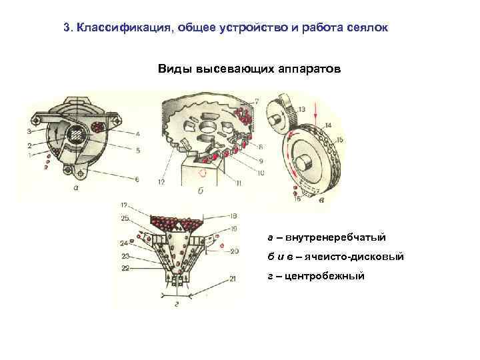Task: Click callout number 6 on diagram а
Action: click(137, 179)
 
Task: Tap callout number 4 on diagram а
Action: click(137, 133)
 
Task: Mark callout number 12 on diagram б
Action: click(162, 181)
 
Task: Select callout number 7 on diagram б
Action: click(257, 101)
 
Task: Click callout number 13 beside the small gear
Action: click(302, 109)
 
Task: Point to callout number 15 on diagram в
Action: click(339, 140)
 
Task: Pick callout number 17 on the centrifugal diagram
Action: click(125, 204)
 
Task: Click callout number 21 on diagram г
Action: click(232, 277)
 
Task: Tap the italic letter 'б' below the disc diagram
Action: click(201, 191)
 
